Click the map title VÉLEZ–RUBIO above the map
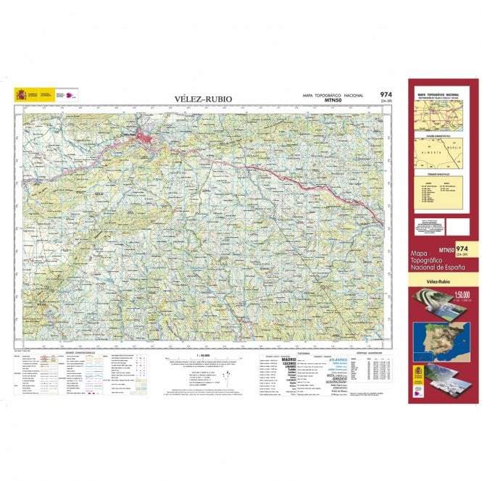204,99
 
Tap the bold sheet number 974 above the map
386,95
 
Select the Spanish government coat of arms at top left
20,94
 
